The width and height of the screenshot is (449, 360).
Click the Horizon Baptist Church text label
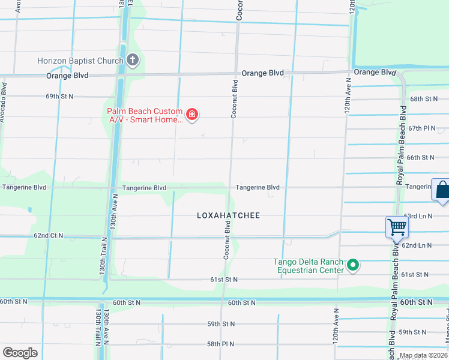pyautogui.click(x=80, y=61)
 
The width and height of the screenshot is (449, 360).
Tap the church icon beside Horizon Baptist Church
pyautogui.click(x=133, y=60)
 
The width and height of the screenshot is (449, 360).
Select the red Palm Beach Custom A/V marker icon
pyautogui.click(x=192, y=115)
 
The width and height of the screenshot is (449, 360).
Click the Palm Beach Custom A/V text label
pyautogui.click(x=145, y=115)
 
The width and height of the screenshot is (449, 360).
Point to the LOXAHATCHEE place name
pyautogui.click(x=229, y=215)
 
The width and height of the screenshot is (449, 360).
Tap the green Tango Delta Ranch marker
pyautogui.click(x=354, y=265)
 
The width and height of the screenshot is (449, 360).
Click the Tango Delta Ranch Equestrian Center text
pyautogui.click(x=309, y=266)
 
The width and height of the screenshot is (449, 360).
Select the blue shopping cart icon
pyautogui.click(x=397, y=227)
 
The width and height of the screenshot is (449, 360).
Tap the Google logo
pyautogui.click(x=20, y=353)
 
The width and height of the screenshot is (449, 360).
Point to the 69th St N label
pyautogui.click(x=59, y=96)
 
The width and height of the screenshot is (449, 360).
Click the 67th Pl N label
pyautogui.click(x=421, y=128)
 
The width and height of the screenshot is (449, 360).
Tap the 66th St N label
pyautogui.click(x=420, y=158)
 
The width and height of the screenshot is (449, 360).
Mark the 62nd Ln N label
pyautogui.click(x=417, y=245)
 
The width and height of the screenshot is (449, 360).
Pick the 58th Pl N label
pyautogui.click(x=221, y=344)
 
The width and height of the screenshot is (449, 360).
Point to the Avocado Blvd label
pyautogui.click(x=4, y=103)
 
